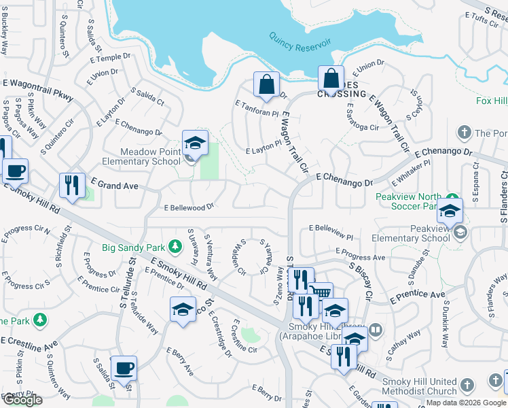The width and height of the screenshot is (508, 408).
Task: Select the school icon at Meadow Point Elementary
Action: [x=195, y=143]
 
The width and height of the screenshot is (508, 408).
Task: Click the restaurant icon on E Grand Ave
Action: [x=72, y=186]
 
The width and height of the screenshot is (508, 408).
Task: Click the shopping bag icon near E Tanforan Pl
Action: [x=267, y=84]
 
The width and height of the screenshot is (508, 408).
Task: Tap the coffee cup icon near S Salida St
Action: [x=124, y=369]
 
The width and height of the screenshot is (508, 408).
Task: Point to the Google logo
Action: [x=22, y=400]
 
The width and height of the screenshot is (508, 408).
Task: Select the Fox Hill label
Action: [x=491, y=101]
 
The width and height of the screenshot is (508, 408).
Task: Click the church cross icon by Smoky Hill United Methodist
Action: [x=467, y=386]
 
